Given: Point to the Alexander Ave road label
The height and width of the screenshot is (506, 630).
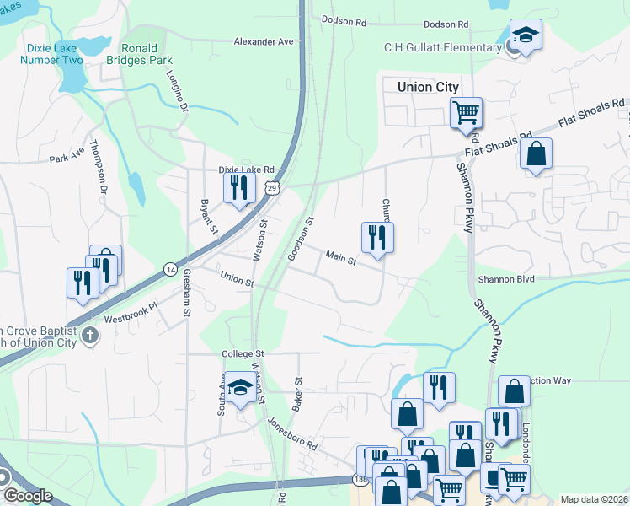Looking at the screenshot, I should point(264,41).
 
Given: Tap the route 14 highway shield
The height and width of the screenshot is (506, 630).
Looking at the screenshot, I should point(170,269).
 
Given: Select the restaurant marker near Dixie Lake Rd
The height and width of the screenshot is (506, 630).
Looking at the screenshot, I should point(239,186).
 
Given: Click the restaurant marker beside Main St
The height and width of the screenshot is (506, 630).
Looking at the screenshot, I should point(377,237).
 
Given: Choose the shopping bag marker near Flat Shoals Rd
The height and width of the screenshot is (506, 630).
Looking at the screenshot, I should point(536,154).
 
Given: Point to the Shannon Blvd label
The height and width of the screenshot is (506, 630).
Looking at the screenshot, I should point(506,280).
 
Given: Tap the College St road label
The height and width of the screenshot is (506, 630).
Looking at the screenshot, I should point(243,354).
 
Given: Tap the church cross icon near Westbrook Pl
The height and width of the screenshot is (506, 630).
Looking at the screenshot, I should point(90,336).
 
